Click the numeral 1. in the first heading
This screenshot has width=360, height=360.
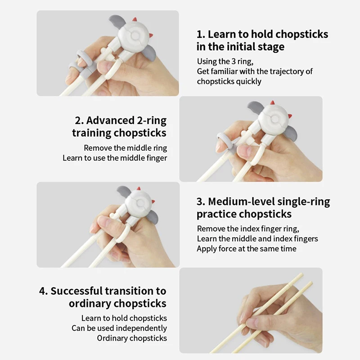201,35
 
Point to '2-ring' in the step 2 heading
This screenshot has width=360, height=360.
152,121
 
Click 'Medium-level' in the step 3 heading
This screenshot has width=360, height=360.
241,202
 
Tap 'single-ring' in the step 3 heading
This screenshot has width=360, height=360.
304,202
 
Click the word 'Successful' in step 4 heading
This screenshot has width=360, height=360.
76,291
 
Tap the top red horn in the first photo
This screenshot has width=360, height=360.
135,19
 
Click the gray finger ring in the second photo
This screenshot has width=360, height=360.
226,142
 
